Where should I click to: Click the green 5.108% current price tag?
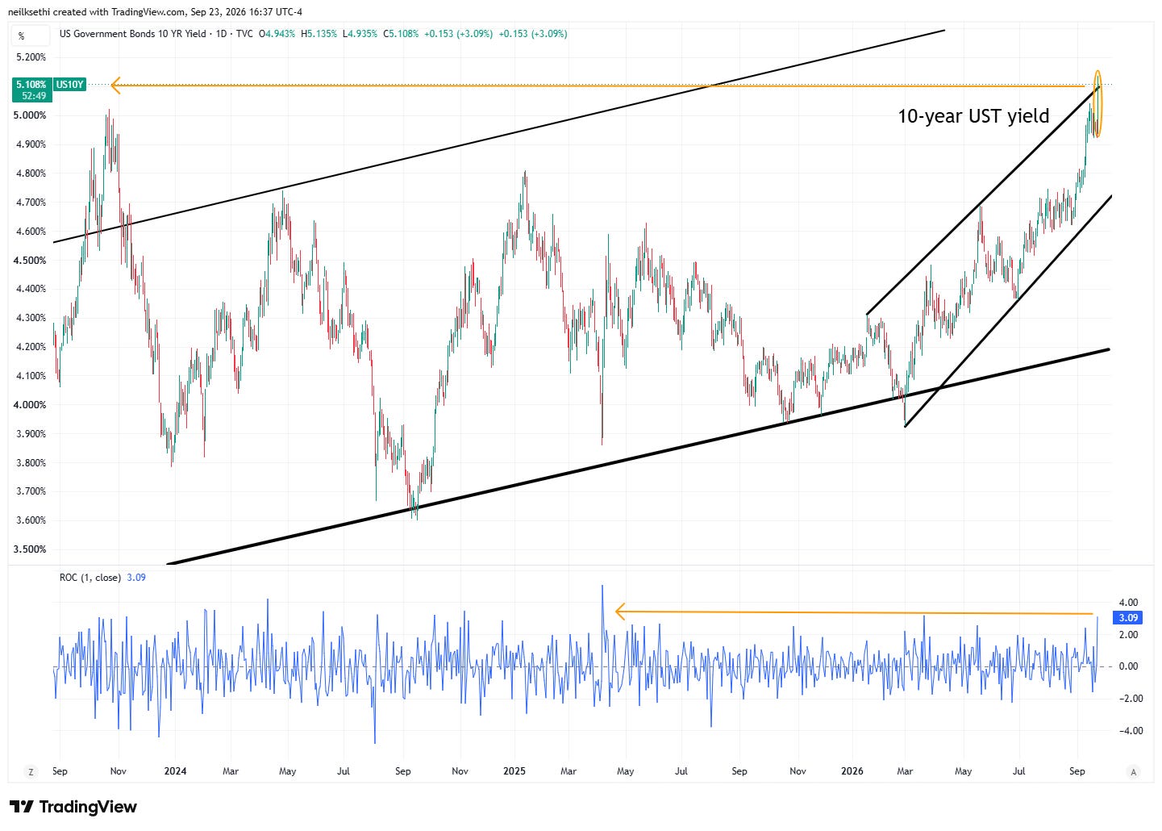32,90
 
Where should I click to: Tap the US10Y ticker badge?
69,84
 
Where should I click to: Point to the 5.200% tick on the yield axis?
31,57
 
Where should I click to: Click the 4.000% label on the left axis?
30,405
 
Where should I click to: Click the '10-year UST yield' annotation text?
973,116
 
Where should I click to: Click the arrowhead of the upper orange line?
116,86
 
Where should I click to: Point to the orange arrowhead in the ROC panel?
620,612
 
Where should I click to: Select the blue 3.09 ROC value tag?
1128,618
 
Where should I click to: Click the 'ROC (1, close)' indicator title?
90,578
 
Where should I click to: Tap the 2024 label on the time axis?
175,771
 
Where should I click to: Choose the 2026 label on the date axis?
852,771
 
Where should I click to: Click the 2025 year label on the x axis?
514,771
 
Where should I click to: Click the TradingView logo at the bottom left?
73,807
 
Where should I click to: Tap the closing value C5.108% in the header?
401,34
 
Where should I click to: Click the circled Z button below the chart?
31,772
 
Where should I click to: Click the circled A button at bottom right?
1134,772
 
